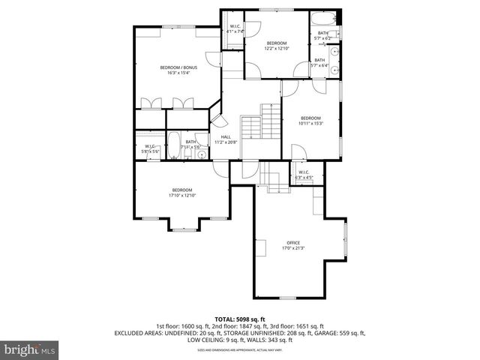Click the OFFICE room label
click(292, 242)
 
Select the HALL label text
click(225, 136)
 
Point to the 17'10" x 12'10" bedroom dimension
click(182, 195)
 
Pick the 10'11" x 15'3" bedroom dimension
click(310, 124)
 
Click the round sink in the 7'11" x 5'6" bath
click(201, 148)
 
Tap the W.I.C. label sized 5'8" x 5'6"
click(150, 147)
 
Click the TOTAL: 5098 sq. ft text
click(239, 319)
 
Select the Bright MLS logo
click(30, 349)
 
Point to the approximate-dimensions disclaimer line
click(239, 349)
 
